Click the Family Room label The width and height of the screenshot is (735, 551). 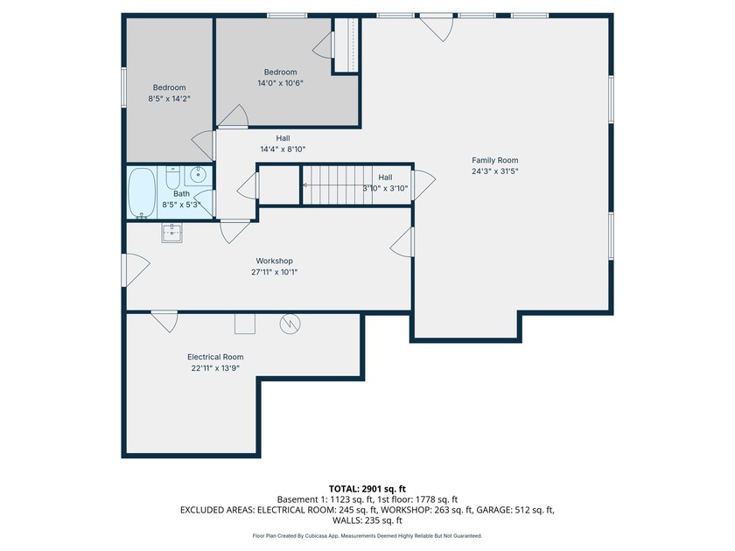[x=495, y=160]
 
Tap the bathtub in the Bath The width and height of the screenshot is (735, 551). [x=142, y=192]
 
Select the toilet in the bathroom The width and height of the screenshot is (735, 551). [x=173, y=177]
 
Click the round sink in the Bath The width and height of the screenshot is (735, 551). [x=199, y=176]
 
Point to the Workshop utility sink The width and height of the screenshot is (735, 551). [x=172, y=233]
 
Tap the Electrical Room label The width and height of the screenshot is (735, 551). [x=215, y=357]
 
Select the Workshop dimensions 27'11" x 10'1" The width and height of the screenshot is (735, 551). [x=275, y=272]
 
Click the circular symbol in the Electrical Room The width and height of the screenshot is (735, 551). [x=290, y=324]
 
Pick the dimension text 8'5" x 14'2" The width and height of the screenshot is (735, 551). [x=169, y=99]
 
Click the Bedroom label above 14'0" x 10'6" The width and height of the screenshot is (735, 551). [x=280, y=72]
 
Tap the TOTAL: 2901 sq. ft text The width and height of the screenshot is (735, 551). [x=367, y=489]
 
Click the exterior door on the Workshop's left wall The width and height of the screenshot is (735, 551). [x=136, y=269]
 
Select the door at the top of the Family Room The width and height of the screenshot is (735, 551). [x=437, y=28]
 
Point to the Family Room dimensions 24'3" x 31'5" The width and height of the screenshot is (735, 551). [x=495, y=171]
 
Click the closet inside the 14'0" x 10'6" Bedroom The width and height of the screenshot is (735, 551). [x=346, y=45]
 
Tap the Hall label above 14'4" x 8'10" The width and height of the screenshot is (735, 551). [x=283, y=138]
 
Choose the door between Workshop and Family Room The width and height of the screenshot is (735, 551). [x=402, y=241]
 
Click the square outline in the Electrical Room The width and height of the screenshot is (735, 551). [x=245, y=324]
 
